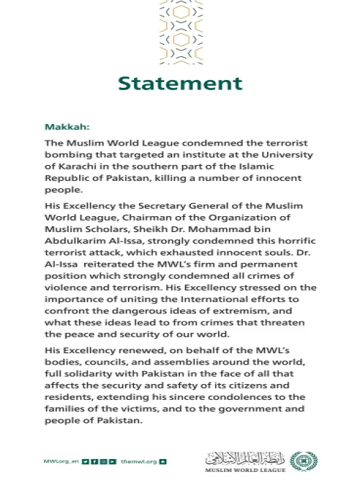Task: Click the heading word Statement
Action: click(180, 84)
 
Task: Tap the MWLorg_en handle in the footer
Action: click(61, 460)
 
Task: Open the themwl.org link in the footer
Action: click(139, 460)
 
